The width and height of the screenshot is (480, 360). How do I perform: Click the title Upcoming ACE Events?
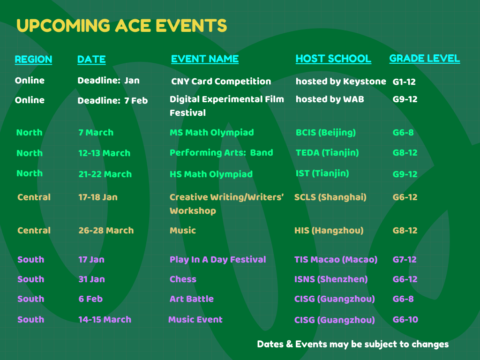pyautogui.click(x=121, y=26)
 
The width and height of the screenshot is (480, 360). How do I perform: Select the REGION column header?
pyautogui.click(x=33, y=60)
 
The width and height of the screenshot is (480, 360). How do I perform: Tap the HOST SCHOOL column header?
pyautogui.click(x=333, y=59)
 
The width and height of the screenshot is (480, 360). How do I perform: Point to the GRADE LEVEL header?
pyautogui.click(x=424, y=59)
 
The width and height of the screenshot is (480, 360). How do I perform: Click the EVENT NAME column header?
pyautogui.click(x=204, y=59)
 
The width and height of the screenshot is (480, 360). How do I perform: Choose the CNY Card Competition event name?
pyautogui.click(x=221, y=82)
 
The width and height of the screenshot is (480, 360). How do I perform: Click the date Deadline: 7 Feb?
pyautogui.click(x=112, y=101)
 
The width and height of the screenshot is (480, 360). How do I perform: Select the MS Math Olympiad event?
pyautogui.click(x=211, y=133)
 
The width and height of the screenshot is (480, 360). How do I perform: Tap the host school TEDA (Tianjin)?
pyautogui.click(x=327, y=153)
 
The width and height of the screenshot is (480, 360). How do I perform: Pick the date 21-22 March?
pyautogui.click(x=105, y=174)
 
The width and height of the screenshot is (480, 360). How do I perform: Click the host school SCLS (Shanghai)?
pyautogui.click(x=330, y=197)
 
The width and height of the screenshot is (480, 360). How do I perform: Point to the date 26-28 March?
pyautogui.click(x=106, y=231)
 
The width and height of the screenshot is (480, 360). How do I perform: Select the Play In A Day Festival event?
pyautogui.click(x=217, y=260)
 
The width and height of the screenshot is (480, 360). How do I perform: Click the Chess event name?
pyautogui.click(x=183, y=279)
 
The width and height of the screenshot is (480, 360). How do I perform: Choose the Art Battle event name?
pyautogui.click(x=191, y=299)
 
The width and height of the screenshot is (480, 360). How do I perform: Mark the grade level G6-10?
pyautogui.click(x=405, y=320)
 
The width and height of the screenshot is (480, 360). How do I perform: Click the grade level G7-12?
pyautogui.click(x=405, y=260)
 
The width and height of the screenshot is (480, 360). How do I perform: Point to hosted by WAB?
pyautogui.click(x=330, y=99)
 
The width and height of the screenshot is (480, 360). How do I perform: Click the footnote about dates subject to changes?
pyautogui.click(x=352, y=345)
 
